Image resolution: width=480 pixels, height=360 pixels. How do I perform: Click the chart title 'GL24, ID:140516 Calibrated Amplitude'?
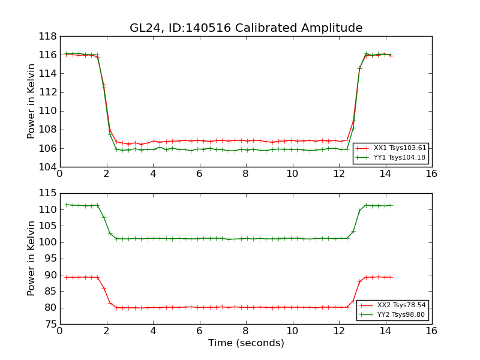click(246, 28)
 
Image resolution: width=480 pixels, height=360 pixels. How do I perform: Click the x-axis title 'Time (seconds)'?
click(246, 343)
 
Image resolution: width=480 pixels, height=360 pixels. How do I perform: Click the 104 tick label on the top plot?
click(49, 167)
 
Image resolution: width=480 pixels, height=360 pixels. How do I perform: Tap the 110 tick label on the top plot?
click(49, 111)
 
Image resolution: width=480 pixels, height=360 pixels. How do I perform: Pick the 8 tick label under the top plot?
click(245, 174)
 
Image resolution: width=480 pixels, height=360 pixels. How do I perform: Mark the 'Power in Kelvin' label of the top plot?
click(32, 101)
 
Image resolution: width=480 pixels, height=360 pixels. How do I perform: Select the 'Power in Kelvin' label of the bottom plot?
click(32, 259)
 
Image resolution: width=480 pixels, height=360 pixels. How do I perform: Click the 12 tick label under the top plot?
click(338, 174)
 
